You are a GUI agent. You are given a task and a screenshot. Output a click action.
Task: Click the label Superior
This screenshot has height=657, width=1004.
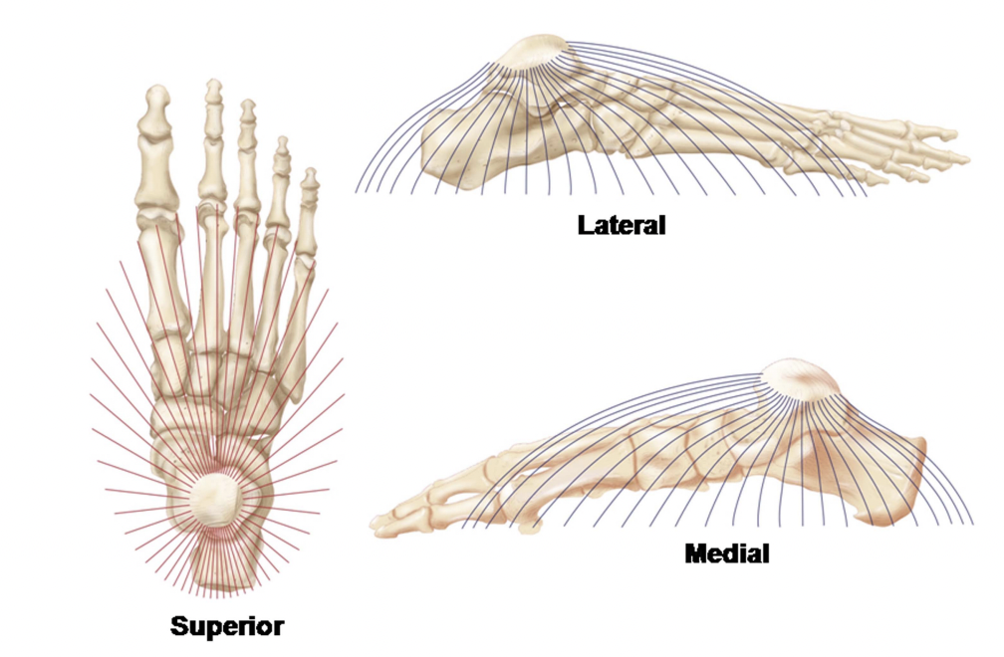(x=227, y=626)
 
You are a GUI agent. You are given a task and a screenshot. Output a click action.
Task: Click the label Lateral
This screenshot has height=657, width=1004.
(x=622, y=225)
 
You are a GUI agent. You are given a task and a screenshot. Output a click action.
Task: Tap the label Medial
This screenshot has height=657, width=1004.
(x=727, y=553)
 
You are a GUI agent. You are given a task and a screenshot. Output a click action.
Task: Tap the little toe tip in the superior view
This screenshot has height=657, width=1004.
(x=311, y=177)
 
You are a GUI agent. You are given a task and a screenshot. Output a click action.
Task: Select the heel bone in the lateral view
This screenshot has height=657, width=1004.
(x=448, y=149)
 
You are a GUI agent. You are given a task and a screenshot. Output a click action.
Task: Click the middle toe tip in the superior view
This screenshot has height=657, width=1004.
(x=247, y=108)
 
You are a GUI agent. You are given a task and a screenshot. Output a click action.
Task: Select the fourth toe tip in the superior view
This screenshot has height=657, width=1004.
(x=282, y=145)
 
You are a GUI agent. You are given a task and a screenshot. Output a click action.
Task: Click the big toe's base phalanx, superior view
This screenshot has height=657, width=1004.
(x=153, y=169)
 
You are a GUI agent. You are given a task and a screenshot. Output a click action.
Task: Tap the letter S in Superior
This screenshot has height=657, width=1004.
(x=179, y=626)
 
